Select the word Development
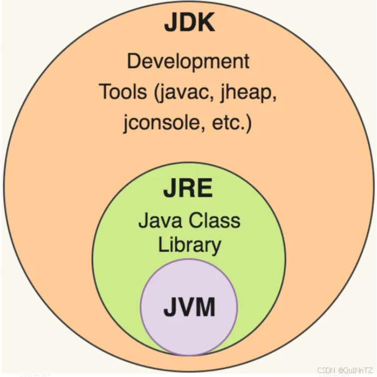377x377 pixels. (188, 62)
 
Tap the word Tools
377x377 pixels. (123, 92)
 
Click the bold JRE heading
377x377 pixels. (188, 189)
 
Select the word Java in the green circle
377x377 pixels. (158, 221)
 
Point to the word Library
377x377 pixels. (189, 245)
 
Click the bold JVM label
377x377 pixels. (189, 308)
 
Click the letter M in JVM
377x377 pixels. (205, 308)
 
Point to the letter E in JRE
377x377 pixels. (204, 189)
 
